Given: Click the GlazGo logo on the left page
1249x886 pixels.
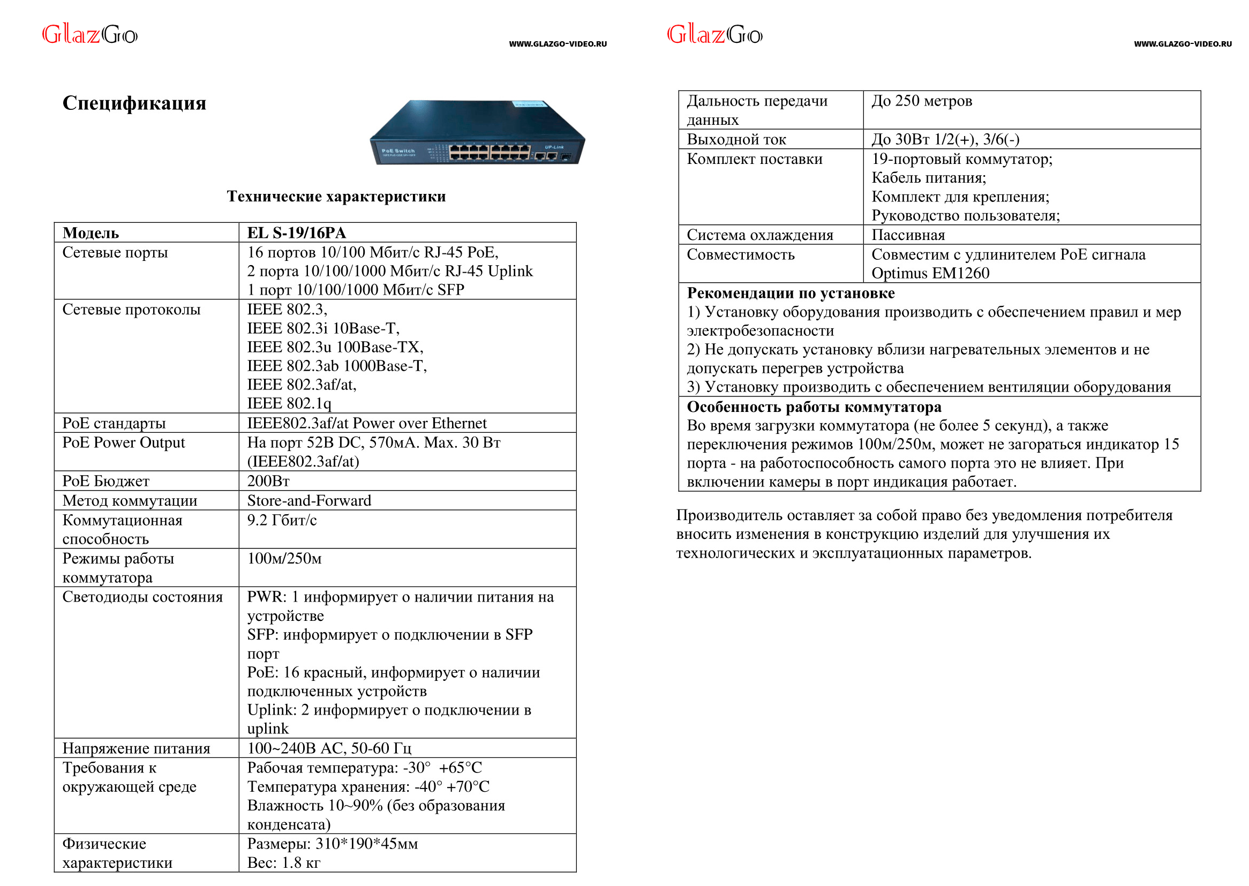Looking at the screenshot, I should click(90, 35).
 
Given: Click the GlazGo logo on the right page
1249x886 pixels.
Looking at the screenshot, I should click(714, 35).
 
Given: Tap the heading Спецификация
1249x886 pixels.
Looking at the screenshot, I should click(134, 103).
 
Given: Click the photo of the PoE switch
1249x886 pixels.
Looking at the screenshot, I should click(477, 132).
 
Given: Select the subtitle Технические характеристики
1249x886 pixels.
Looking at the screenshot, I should click(336, 197).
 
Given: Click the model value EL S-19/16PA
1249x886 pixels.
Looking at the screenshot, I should click(297, 233).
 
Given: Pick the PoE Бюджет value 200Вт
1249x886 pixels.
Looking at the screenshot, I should click(268, 481).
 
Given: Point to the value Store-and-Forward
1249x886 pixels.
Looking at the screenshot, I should click(309, 501).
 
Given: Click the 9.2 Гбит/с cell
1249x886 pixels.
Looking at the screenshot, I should click(282, 521).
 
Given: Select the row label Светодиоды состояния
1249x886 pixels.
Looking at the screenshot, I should click(142, 597).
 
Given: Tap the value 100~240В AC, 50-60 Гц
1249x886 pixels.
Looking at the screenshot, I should click(329, 748).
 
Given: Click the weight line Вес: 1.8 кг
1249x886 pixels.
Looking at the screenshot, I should click(284, 863).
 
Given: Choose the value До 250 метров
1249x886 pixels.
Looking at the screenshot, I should click(922, 101).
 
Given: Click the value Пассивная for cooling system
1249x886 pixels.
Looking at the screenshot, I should click(908, 235).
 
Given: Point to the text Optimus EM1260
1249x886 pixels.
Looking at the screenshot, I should click(930, 273).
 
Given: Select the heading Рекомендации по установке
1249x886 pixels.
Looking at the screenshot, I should click(791, 294).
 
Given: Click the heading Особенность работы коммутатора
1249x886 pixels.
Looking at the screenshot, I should click(814, 407).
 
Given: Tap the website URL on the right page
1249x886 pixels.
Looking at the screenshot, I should click(1183, 44).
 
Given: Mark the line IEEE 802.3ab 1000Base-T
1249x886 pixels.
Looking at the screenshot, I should click(336, 366).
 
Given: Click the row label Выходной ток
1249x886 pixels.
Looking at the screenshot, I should click(736, 140).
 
